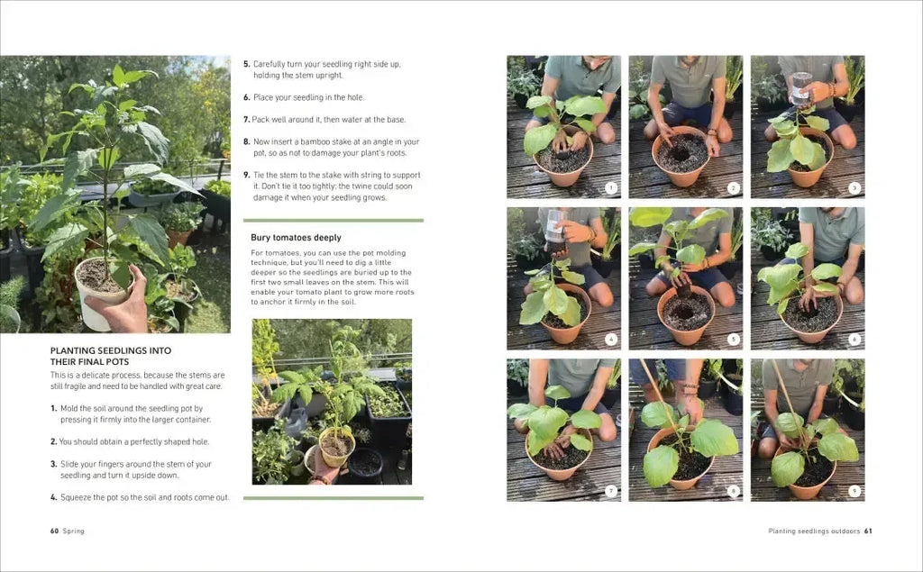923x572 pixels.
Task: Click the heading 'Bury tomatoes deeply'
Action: (296, 238)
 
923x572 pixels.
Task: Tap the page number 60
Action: (54, 531)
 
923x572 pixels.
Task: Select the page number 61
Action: (868, 531)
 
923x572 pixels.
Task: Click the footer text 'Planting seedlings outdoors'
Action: (814, 531)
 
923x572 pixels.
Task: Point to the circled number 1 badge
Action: (611, 188)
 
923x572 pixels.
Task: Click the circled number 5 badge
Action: (733, 340)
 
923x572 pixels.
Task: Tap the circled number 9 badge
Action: (854, 491)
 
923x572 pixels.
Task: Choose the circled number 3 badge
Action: (854, 188)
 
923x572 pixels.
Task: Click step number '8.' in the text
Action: (247, 141)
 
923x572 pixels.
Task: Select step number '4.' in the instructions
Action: (53, 497)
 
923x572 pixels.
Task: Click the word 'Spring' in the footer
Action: (74, 531)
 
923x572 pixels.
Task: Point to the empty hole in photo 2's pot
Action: (681, 154)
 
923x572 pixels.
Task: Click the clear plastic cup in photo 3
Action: (801, 88)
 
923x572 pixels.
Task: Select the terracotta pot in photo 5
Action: (686, 315)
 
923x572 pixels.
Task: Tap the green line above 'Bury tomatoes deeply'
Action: (334, 221)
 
